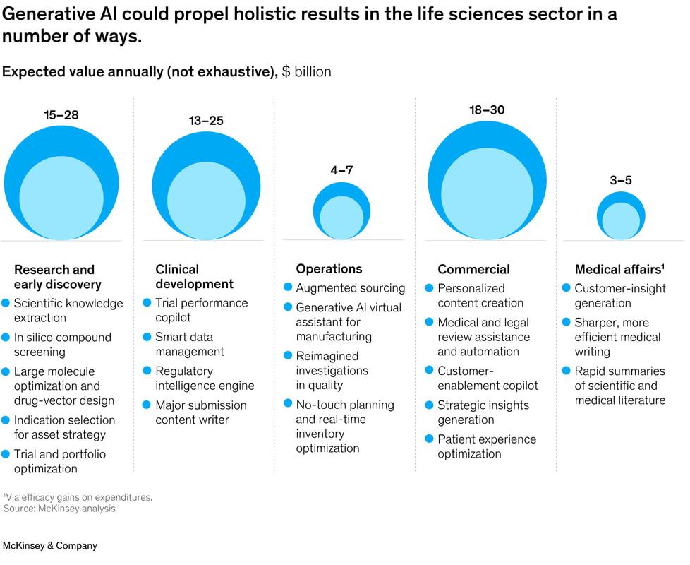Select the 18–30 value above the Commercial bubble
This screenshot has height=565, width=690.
(x=487, y=109)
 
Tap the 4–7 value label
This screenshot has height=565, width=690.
(x=342, y=171)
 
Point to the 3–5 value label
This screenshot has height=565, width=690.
(x=621, y=180)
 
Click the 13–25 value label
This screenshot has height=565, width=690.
(x=206, y=121)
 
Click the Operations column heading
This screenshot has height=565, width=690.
(x=329, y=269)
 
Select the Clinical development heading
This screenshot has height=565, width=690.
(x=194, y=277)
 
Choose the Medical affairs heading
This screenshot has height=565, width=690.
(x=619, y=269)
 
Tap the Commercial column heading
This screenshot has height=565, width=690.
(x=473, y=269)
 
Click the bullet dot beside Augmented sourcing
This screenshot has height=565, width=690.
(x=288, y=287)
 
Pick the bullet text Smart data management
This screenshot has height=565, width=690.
(x=190, y=344)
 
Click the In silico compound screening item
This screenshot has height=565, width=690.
(x=63, y=344)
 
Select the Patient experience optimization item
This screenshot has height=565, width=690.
(x=487, y=446)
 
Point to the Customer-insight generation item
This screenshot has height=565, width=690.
(x=619, y=295)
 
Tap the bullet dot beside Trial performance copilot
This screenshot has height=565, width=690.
(x=147, y=302)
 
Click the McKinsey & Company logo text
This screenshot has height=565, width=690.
(x=50, y=546)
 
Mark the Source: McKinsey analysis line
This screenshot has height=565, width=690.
(x=59, y=509)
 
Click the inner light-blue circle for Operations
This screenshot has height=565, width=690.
(x=342, y=218)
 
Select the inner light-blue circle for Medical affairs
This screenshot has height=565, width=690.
(x=621, y=221)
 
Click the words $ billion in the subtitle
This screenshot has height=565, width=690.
(x=306, y=72)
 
